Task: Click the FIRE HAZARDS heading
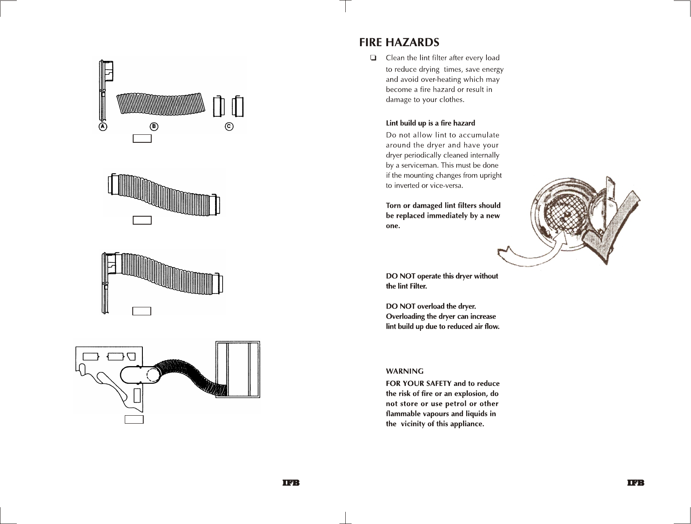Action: point(399,42)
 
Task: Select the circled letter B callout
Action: point(154,126)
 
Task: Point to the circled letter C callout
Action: point(229,126)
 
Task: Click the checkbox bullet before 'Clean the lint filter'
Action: point(373,58)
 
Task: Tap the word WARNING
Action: point(405,371)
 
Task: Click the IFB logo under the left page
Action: point(291,483)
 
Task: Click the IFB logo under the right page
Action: point(636,483)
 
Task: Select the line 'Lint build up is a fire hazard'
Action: point(430,123)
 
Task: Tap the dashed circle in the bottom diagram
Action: point(154,374)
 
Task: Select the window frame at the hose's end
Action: point(238,369)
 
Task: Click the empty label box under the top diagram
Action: point(142,139)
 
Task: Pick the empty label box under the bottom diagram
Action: point(134,419)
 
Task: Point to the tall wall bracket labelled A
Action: point(102,92)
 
